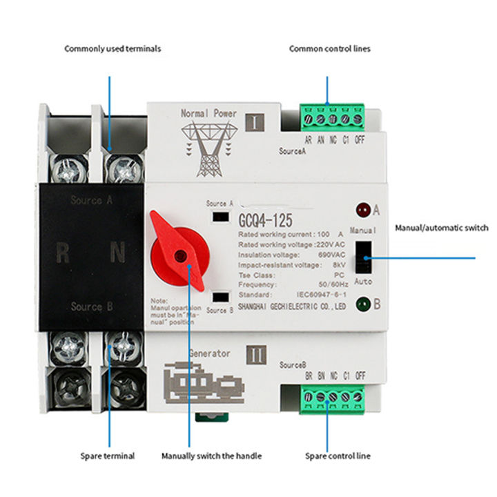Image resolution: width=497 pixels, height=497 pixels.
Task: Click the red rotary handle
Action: coord(178,251)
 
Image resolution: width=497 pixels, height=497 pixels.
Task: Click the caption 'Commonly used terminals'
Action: coord(113,49)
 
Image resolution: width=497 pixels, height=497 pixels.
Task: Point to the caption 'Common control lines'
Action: coord(330,49)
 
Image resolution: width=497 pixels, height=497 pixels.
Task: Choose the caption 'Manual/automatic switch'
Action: coord(441,227)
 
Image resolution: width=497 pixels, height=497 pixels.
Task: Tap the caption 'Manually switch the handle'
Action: coord(211,456)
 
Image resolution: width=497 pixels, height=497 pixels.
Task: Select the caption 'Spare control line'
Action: coord(338,456)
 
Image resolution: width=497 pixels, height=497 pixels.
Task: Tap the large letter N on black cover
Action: coord(118,253)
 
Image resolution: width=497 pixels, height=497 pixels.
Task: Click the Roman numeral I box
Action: coord(255,124)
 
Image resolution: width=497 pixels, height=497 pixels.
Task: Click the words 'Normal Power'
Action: coord(208,113)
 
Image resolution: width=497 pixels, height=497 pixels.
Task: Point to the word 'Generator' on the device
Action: coord(209,353)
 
